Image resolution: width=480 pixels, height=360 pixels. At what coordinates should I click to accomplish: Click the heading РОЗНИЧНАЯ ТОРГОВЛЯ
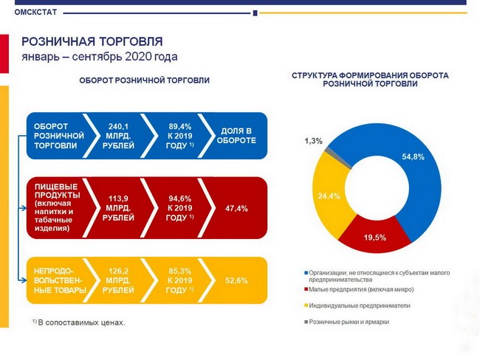92,41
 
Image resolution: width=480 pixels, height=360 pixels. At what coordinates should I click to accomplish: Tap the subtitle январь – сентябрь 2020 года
100,57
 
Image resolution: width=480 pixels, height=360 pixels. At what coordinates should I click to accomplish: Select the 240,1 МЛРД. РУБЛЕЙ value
120,136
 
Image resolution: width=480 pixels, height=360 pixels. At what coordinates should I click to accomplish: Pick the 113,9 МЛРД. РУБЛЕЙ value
120,208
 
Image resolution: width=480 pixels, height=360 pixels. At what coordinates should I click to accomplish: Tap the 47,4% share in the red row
237,209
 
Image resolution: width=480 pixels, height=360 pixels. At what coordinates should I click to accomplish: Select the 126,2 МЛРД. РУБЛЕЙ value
120,280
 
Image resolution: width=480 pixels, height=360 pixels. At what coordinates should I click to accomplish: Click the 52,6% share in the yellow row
237,280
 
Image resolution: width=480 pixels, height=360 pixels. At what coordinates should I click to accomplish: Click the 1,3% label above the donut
313,141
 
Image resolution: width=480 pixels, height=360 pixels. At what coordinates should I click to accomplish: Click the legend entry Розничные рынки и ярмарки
349,322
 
